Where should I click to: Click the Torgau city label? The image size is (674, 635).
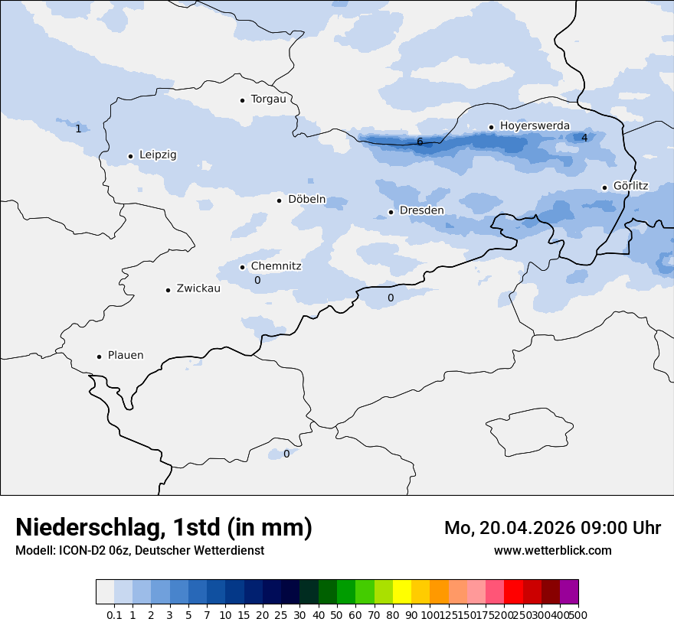click(268, 99)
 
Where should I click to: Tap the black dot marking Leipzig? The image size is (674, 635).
click(130, 156)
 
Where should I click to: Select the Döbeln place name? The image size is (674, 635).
click(306, 200)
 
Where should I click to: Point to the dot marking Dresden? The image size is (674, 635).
click(391, 212)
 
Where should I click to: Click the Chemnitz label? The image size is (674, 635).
click(276, 266)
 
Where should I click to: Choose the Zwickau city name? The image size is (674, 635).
click(198, 288)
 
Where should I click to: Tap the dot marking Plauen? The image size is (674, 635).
click(99, 357)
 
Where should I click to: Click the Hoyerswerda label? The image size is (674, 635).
click(535, 126)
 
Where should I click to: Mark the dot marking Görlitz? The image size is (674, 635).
click(604, 187)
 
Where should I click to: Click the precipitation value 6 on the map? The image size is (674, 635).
click(420, 142)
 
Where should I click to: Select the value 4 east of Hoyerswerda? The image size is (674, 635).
click(584, 138)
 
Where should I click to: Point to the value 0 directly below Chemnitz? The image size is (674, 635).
click(257, 281)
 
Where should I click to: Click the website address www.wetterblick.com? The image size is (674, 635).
click(552, 551)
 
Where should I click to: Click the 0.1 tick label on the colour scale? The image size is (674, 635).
click(114, 615)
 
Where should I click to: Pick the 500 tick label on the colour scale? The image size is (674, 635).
click(579, 615)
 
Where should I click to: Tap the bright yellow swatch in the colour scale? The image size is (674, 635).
click(402, 592)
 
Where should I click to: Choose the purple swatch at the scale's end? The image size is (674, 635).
click(569, 592)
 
